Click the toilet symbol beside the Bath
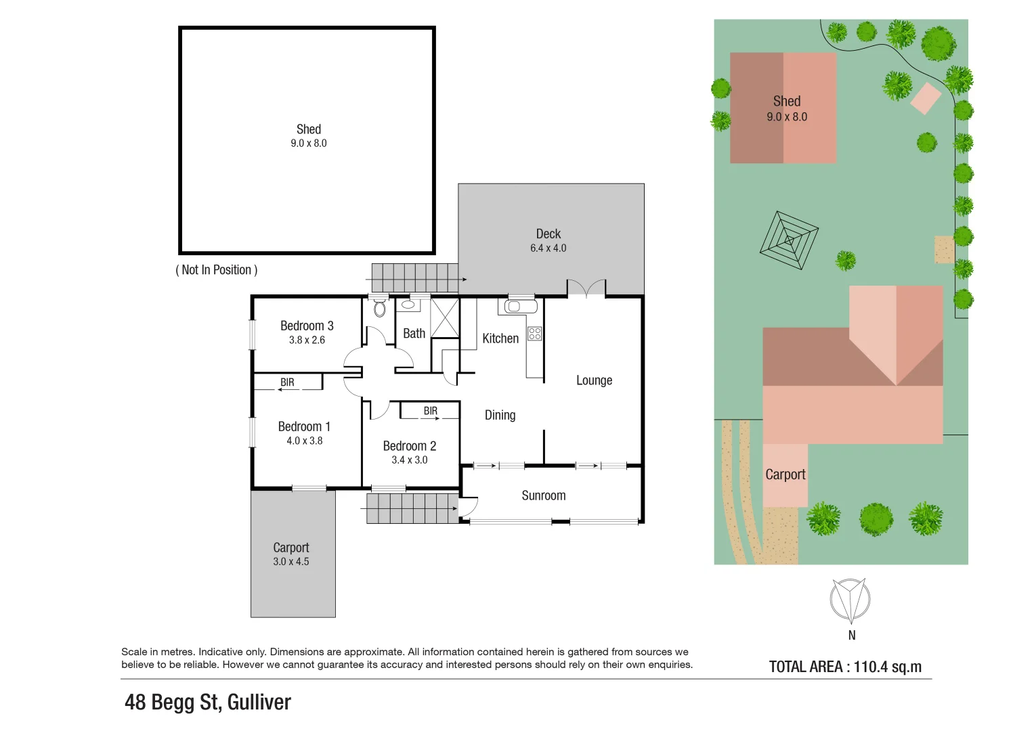[379, 308]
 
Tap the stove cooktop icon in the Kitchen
[535, 333]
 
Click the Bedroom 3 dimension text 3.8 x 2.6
[307, 340]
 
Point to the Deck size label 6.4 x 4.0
[548, 248]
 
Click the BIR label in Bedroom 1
[287, 382]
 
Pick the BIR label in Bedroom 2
[430, 411]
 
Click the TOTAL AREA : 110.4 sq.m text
[845, 667]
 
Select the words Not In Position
[217, 270]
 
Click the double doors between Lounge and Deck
[586, 288]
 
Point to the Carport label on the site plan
[785, 474]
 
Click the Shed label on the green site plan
[786, 102]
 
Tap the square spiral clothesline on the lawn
[789, 240]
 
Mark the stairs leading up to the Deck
[414, 278]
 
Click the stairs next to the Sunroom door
[412, 508]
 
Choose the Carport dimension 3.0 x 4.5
[291, 562]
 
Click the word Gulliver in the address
[259, 703]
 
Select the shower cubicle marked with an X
[445, 317]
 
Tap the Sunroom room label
[543, 495]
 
